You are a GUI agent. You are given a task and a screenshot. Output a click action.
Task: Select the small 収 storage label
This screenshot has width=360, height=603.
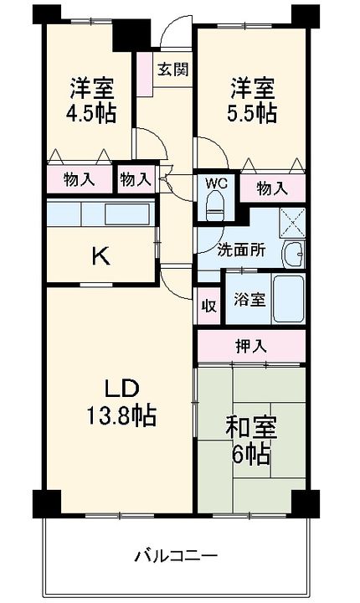208,306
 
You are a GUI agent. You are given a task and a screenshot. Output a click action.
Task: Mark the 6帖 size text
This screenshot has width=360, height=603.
251,455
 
